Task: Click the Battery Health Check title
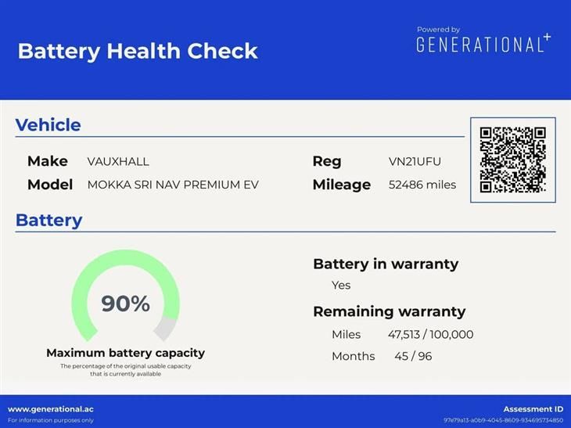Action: tap(138, 51)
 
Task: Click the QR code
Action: tap(513, 160)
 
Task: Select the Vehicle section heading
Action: tap(48, 125)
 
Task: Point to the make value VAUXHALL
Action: tap(118, 161)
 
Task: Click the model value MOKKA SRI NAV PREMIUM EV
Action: tap(173, 185)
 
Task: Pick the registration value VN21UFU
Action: tap(415, 161)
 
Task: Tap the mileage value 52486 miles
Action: tap(422, 185)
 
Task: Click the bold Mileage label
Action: tap(342, 185)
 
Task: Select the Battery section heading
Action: tap(48, 221)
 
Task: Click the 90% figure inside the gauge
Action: tap(126, 304)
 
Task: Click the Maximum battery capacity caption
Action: tap(126, 353)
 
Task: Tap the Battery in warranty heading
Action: tap(386, 264)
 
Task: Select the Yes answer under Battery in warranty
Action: tap(341, 286)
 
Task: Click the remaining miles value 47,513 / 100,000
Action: tap(430, 334)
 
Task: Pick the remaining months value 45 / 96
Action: tap(413, 356)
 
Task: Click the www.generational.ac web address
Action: tap(51, 409)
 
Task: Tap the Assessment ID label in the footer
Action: tap(533, 409)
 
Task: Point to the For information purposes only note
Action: tap(51, 420)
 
